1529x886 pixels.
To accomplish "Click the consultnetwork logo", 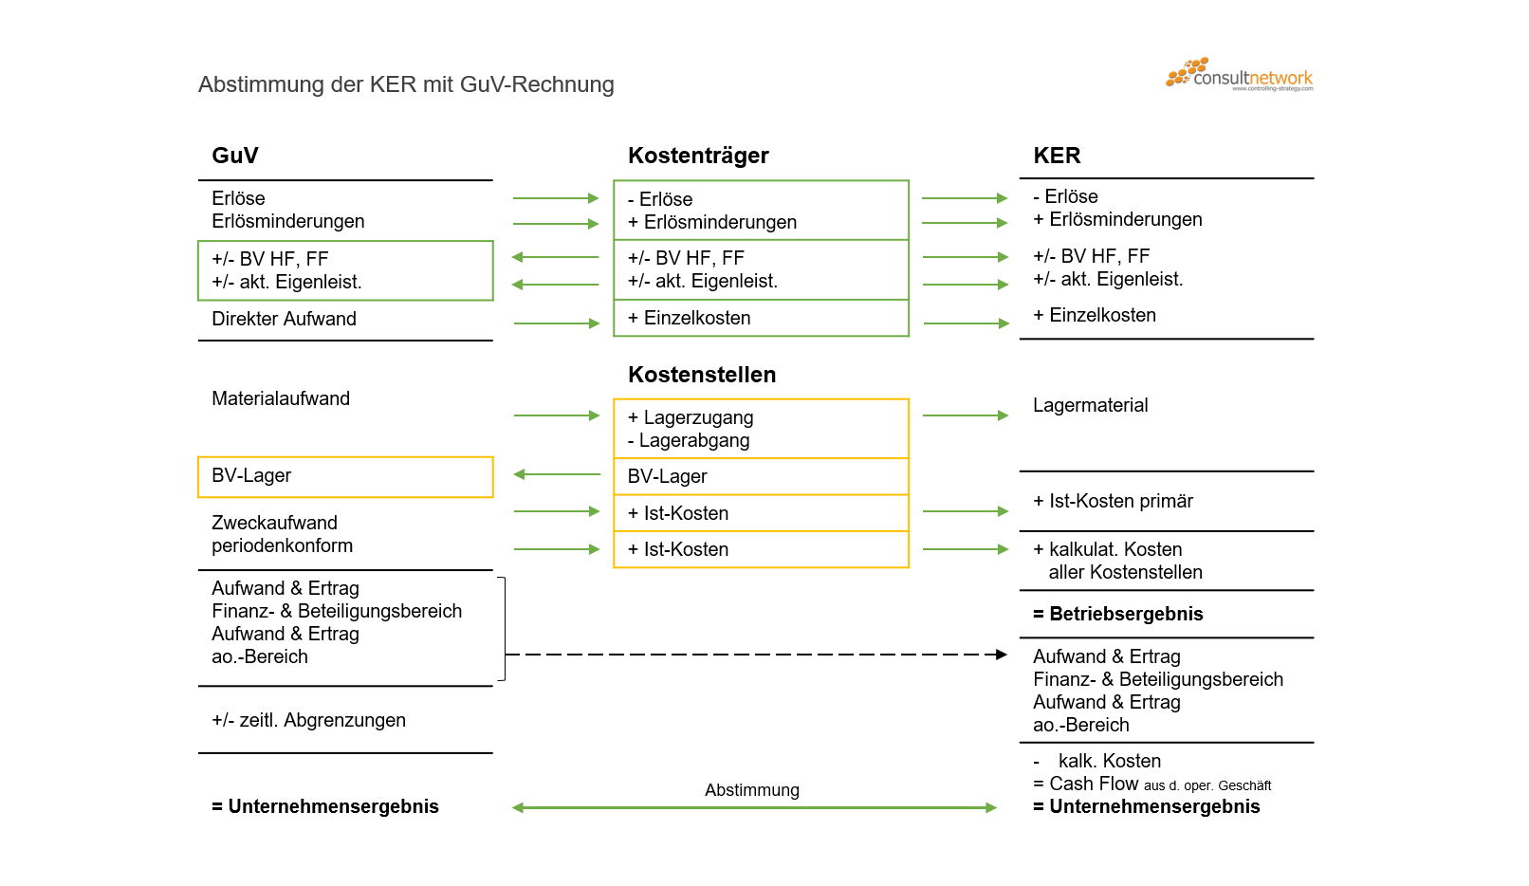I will [x=1240, y=74].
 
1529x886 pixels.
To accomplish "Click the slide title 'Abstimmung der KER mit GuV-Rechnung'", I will [x=406, y=84].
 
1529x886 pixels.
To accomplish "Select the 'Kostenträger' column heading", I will [x=698, y=156].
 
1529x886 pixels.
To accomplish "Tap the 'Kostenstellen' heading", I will [x=702, y=375].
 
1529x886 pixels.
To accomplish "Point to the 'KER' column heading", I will [x=1057, y=156].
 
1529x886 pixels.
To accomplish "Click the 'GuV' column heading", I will [x=235, y=156].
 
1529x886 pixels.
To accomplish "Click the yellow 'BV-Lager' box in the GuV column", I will [x=345, y=476].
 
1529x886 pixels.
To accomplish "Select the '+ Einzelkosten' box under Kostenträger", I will [x=761, y=319].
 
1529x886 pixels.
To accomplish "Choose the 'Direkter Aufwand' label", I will [x=284, y=319].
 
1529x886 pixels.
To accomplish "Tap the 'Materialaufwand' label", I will [x=281, y=398].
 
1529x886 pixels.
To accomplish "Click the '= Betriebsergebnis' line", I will [x=1118, y=614].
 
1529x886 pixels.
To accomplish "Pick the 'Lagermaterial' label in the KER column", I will [x=1090, y=405].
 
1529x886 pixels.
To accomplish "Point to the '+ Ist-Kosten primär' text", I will [x=1113, y=501].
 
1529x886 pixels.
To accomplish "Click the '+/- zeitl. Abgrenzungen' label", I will [x=308, y=720].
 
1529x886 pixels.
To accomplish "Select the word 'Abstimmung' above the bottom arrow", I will [x=752, y=790].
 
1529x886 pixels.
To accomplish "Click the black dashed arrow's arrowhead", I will [x=1001, y=655].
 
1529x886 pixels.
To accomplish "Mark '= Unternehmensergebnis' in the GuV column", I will [x=325, y=806].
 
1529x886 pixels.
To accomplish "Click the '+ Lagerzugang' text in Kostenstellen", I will [x=691, y=417].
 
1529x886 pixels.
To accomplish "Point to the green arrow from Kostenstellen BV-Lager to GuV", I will [x=557, y=474].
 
